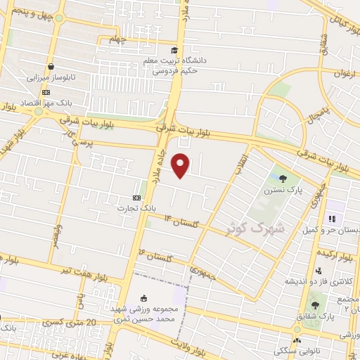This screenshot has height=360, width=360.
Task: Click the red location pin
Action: coord(181,165)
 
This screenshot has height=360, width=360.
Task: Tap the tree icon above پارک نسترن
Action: coord(283,179)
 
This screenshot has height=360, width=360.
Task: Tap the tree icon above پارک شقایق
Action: coord(314,304)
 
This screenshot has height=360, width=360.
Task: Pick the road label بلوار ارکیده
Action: coord(337,253)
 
